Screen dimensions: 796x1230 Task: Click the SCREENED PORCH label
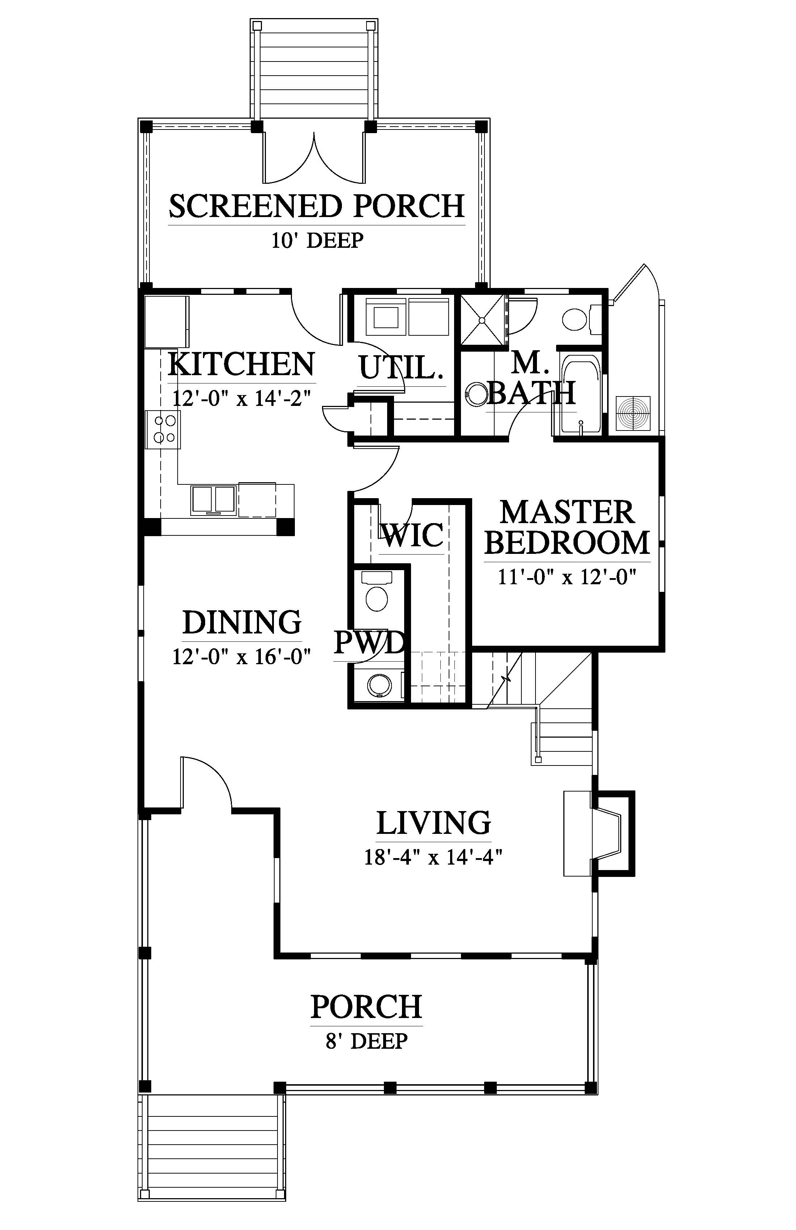coord(317,206)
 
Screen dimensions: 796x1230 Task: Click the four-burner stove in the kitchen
coord(163,429)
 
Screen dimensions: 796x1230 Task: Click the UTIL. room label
coord(402,368)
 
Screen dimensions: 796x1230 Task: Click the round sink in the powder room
coord(376,685)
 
